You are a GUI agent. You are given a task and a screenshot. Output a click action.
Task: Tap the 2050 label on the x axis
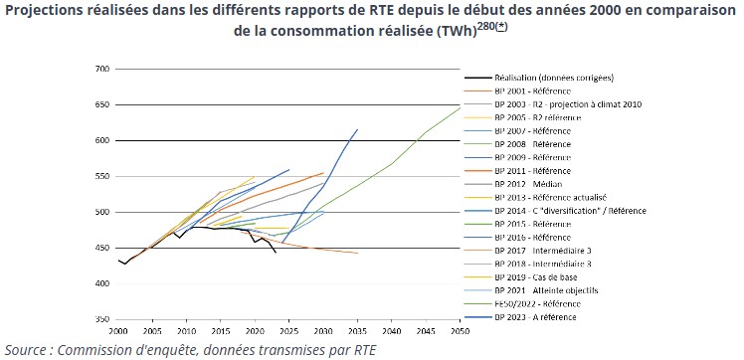click(x=460, y=330)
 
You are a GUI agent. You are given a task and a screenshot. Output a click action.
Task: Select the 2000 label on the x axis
click(x=118, y=330)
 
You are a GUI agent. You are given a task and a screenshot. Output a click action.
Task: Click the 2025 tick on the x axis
click(x=289, y=330)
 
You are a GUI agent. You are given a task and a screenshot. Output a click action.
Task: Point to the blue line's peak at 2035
click(x=357, y=129)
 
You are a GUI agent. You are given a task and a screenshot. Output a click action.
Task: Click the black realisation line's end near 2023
click(x=276, y=253)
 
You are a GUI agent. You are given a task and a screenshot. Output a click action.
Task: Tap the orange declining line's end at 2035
click(x=357, y=253)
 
